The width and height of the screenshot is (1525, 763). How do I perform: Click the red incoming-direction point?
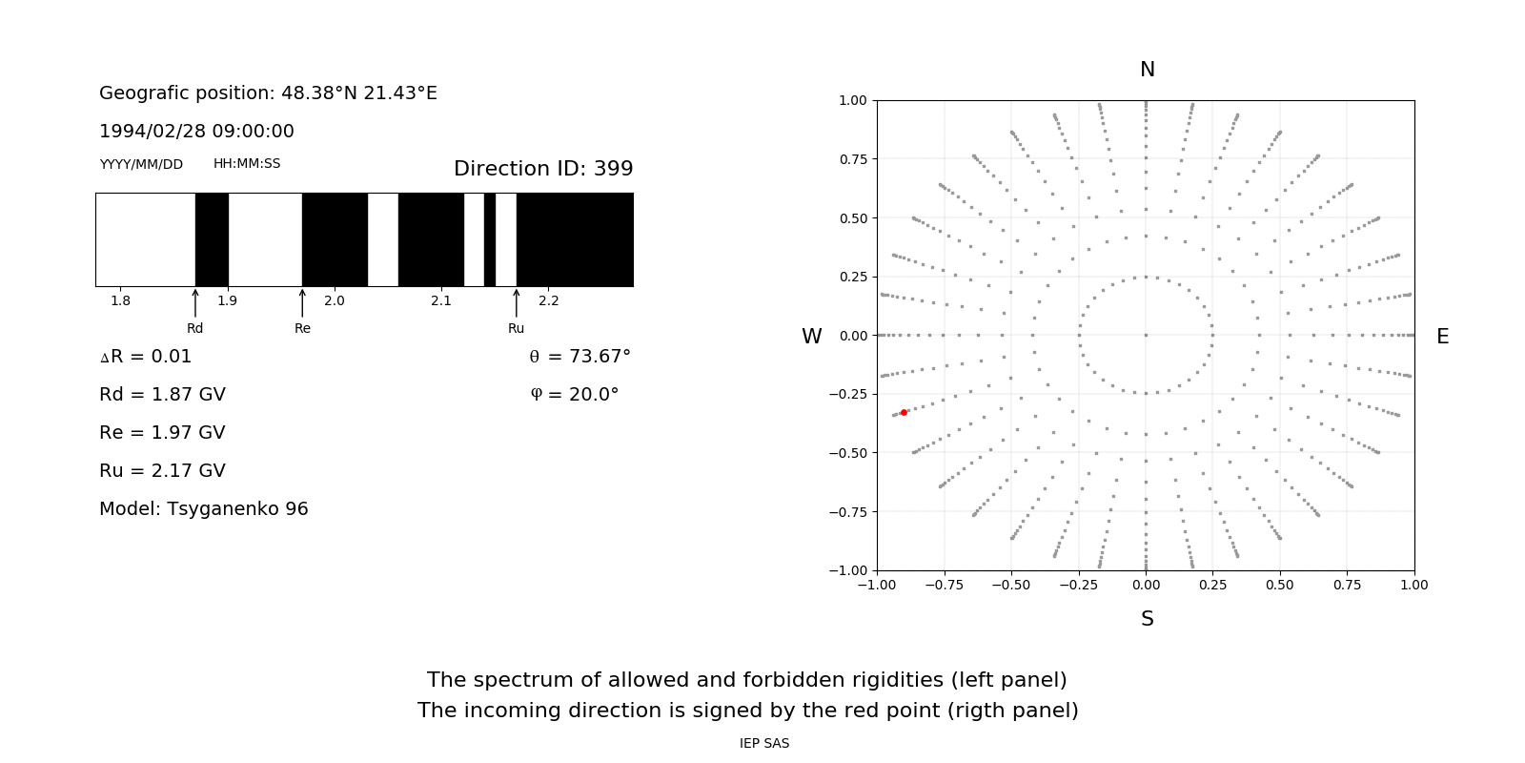click(x=904, y=412)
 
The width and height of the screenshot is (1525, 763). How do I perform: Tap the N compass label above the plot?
click(x=1147, y=70)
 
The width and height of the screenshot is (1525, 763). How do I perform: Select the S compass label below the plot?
click(x=1147, y=619)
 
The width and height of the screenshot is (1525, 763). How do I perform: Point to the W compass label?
click(x=811, y=337)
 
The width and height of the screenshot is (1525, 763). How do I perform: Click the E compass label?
click(x=1442, y=337)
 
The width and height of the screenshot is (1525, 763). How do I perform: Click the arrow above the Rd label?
click(x=195, y=302)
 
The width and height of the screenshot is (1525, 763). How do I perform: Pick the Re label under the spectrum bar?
click(x=302, y=328)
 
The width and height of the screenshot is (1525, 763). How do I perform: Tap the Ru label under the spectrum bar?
click(x=516, y=328)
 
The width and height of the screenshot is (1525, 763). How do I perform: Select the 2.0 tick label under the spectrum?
click(x=334, y=300)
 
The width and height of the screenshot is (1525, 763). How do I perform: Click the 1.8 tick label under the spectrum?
click(x=120, y=300)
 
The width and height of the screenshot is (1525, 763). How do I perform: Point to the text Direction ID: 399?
click(x=543, y=169)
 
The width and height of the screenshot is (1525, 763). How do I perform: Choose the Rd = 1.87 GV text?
click(x=162, y=394)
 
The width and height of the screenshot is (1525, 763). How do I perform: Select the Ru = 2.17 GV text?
click(x=162, y=470)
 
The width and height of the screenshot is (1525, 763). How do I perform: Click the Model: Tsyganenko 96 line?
click(x=204, y=508)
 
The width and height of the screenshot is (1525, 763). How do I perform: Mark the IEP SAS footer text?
click(x=764, y=743)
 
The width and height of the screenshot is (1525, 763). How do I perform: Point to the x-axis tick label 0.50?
click(x=1280, y=585)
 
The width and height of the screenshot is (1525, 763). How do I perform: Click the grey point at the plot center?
click(x=1146, y=335)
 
